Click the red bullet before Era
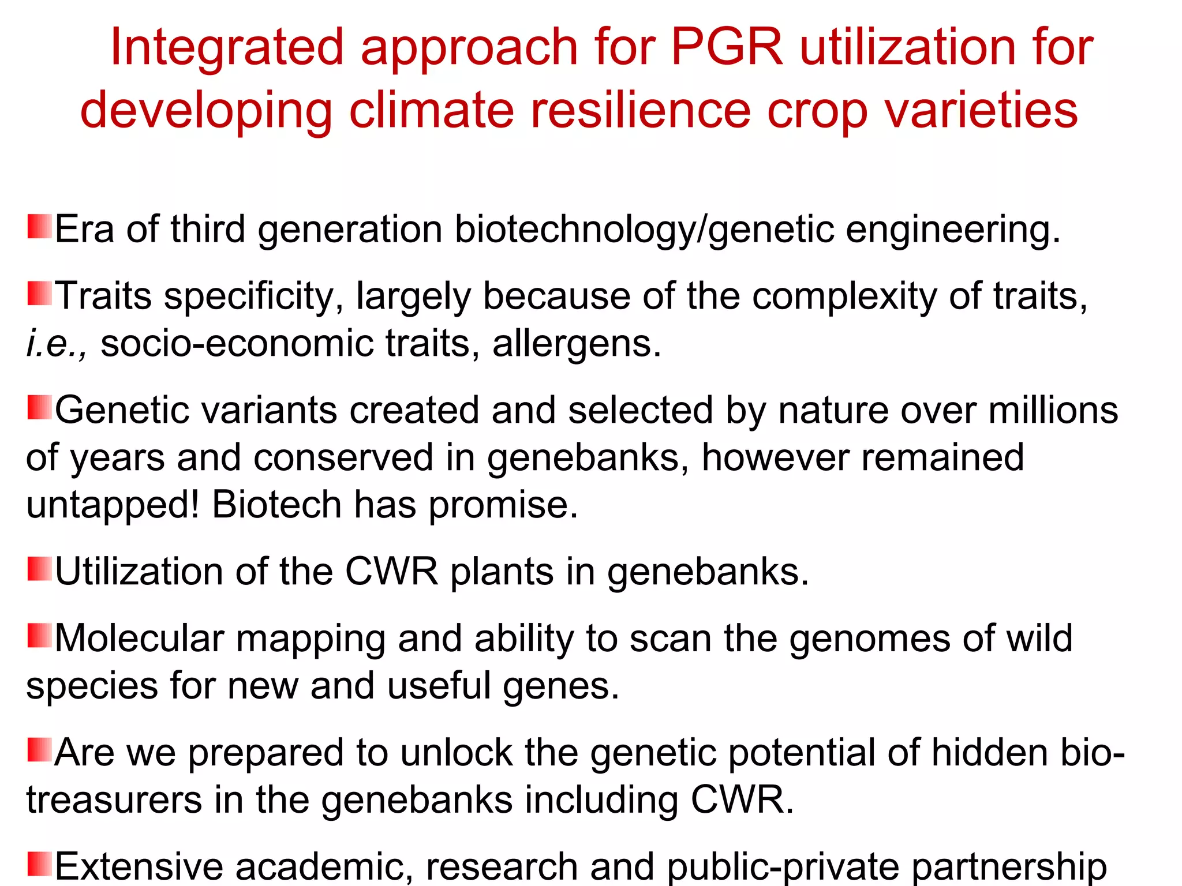point(39,227)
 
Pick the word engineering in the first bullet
point(952,230)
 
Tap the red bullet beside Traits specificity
point(39,293)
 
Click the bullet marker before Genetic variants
point(39,407)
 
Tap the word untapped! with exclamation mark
point(113,505)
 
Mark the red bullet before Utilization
point(39,569)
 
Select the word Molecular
point(139,639)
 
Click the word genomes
point(869,640)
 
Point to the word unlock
point(456,753)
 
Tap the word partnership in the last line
point(1008,867)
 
